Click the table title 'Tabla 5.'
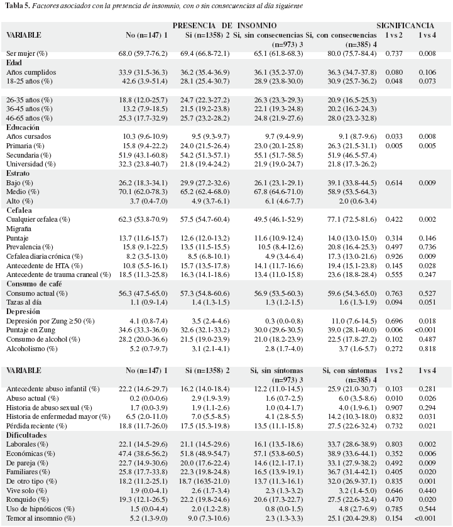[18, 6]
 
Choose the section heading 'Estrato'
[18, 173]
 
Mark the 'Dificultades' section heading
[26, 435]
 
